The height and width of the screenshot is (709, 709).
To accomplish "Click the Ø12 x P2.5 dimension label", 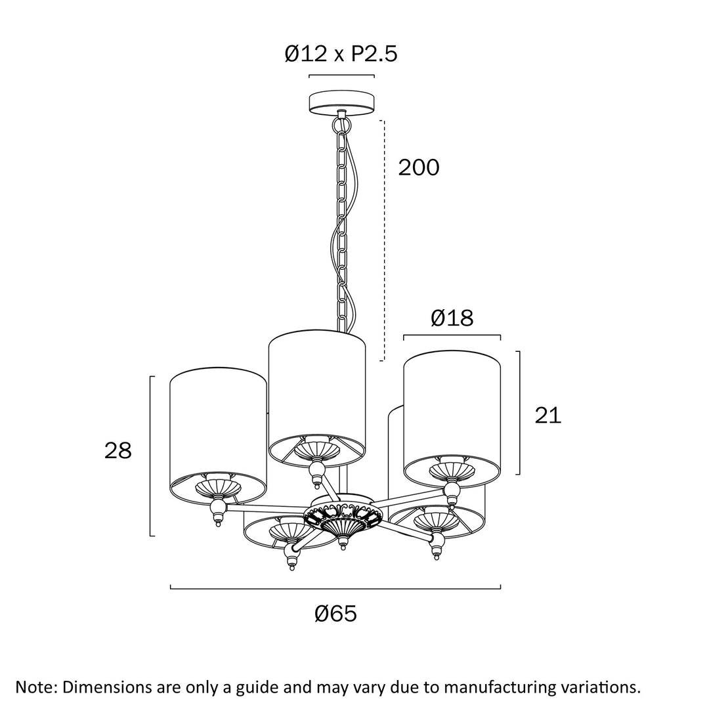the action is point(341,53).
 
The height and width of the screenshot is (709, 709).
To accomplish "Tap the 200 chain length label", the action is point(419,167).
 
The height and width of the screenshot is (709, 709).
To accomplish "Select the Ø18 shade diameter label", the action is point(452,318).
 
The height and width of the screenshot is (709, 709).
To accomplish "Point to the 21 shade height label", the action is point(548,415).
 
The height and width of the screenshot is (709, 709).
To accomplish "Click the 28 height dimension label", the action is point(118,450).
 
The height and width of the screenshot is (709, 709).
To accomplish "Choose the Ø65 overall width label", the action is point(336,614).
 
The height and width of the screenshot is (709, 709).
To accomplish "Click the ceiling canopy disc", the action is point(342,103).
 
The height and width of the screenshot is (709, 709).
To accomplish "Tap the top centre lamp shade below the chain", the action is point(317,398).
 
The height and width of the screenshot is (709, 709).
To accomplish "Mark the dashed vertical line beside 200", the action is point(383,240).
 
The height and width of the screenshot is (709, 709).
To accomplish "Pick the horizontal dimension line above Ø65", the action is point(335,588).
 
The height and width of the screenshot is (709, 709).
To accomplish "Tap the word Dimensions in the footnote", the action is point(107,687).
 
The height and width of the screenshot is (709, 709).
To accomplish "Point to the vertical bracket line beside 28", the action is point(150,456).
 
